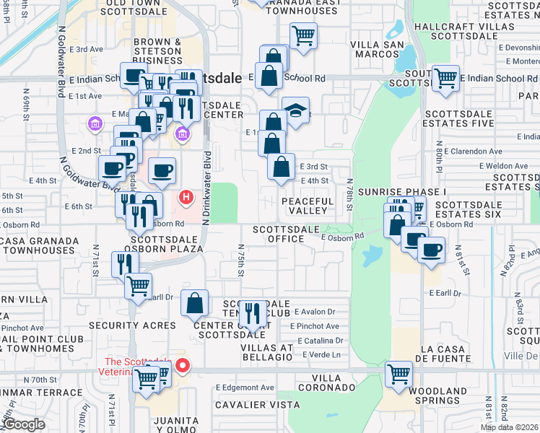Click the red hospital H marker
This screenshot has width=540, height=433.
tap(187, 196)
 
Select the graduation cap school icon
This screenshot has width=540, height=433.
tap(295, 111)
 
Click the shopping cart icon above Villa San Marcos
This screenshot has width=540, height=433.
tap(304, 35)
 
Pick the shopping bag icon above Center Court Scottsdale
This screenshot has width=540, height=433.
tap(195, 303)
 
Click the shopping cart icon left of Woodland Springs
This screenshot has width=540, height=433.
tap(399, 374)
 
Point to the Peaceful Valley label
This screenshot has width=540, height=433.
tap(308, 206)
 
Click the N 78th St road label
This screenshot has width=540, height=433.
tap(349, 194)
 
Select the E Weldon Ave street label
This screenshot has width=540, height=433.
tap(487, 166)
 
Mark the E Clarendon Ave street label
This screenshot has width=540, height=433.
tap(473, 152)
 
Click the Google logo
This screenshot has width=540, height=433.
tap(25, 424)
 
